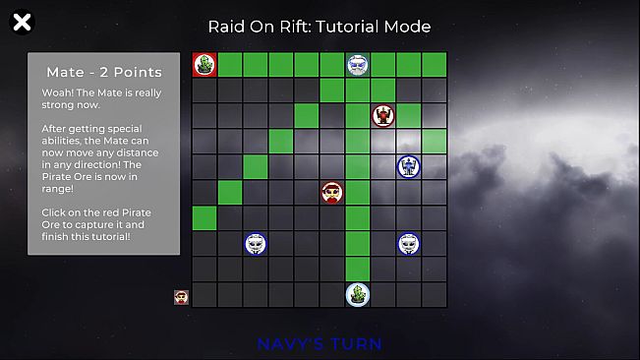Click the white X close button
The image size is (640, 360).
[21, 22]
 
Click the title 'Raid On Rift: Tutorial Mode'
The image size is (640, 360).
[320, 27]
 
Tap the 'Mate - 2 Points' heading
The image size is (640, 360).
[103, 72]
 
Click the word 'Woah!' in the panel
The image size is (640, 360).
[57, 92]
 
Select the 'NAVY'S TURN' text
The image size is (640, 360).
[320, 344]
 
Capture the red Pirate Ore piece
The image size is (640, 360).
[204, 65]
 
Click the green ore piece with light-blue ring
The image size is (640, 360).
[358, 294]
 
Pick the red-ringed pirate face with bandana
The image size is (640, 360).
[332, 192]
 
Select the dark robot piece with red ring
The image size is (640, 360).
[383, 116]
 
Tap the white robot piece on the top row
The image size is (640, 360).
[358, 65]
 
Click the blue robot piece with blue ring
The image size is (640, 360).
[409, 167]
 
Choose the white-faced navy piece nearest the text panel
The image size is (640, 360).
[256, 243]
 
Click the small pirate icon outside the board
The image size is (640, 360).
[181, 296]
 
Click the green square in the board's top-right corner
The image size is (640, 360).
[435, 65]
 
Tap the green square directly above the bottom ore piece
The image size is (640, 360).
[358, 269]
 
